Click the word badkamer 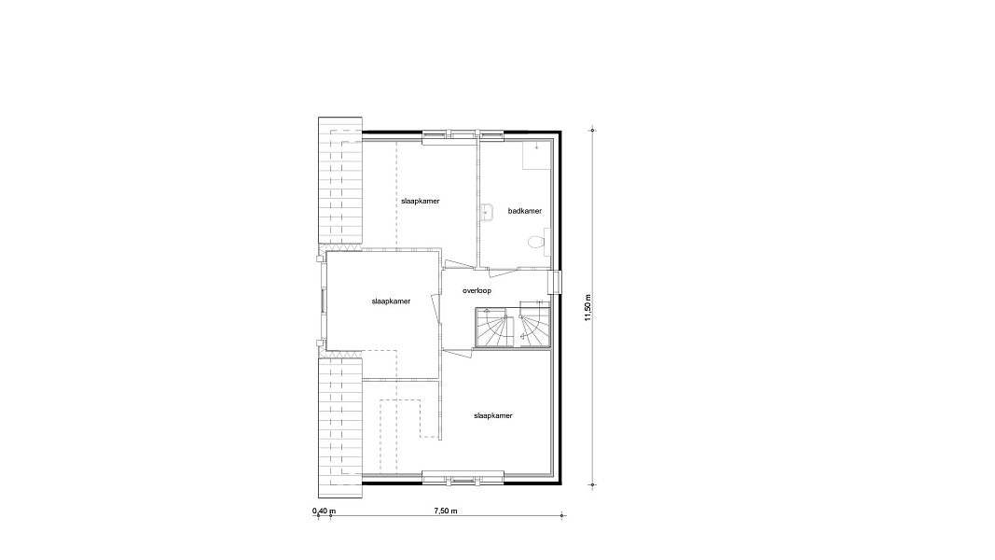click(x=525, y=211)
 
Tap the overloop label click(x=477, y=291)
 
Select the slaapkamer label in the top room click(x=420, y=201)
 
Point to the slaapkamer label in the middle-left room click(x=391, y=301)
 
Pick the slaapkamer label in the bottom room click(x=493, y=416)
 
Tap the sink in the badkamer click(x=487, y=212)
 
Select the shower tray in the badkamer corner click(x=536, y=156)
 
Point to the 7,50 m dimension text click(x=446, y=511)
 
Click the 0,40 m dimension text click(x=324, y=511)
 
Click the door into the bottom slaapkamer click(x=457, y=353)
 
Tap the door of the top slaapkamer click(x=459, y=265)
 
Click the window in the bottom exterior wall click(x=463, y=477)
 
